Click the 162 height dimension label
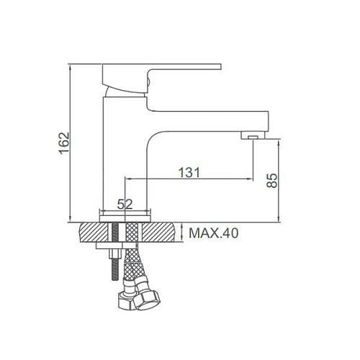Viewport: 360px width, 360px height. (64, 143)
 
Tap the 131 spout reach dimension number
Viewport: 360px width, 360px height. (189, 173)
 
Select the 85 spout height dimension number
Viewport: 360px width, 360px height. (271, 181)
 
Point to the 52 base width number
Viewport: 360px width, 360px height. (125, 204)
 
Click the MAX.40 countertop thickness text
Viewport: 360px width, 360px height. (214, 233)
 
